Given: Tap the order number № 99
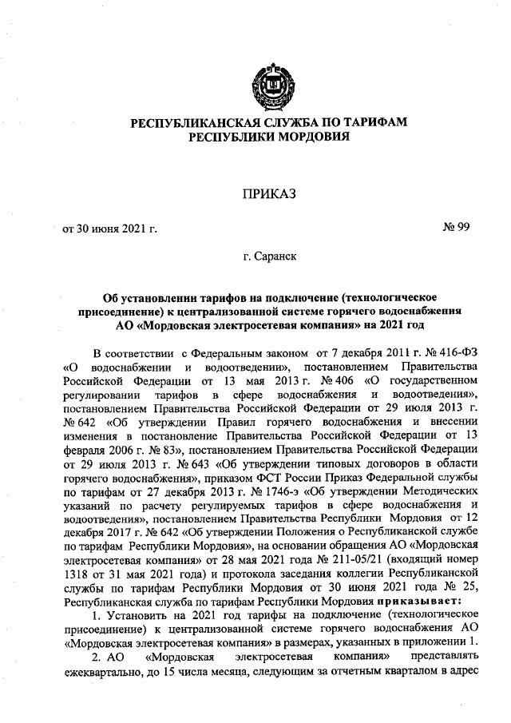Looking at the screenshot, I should tap(456, 229).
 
